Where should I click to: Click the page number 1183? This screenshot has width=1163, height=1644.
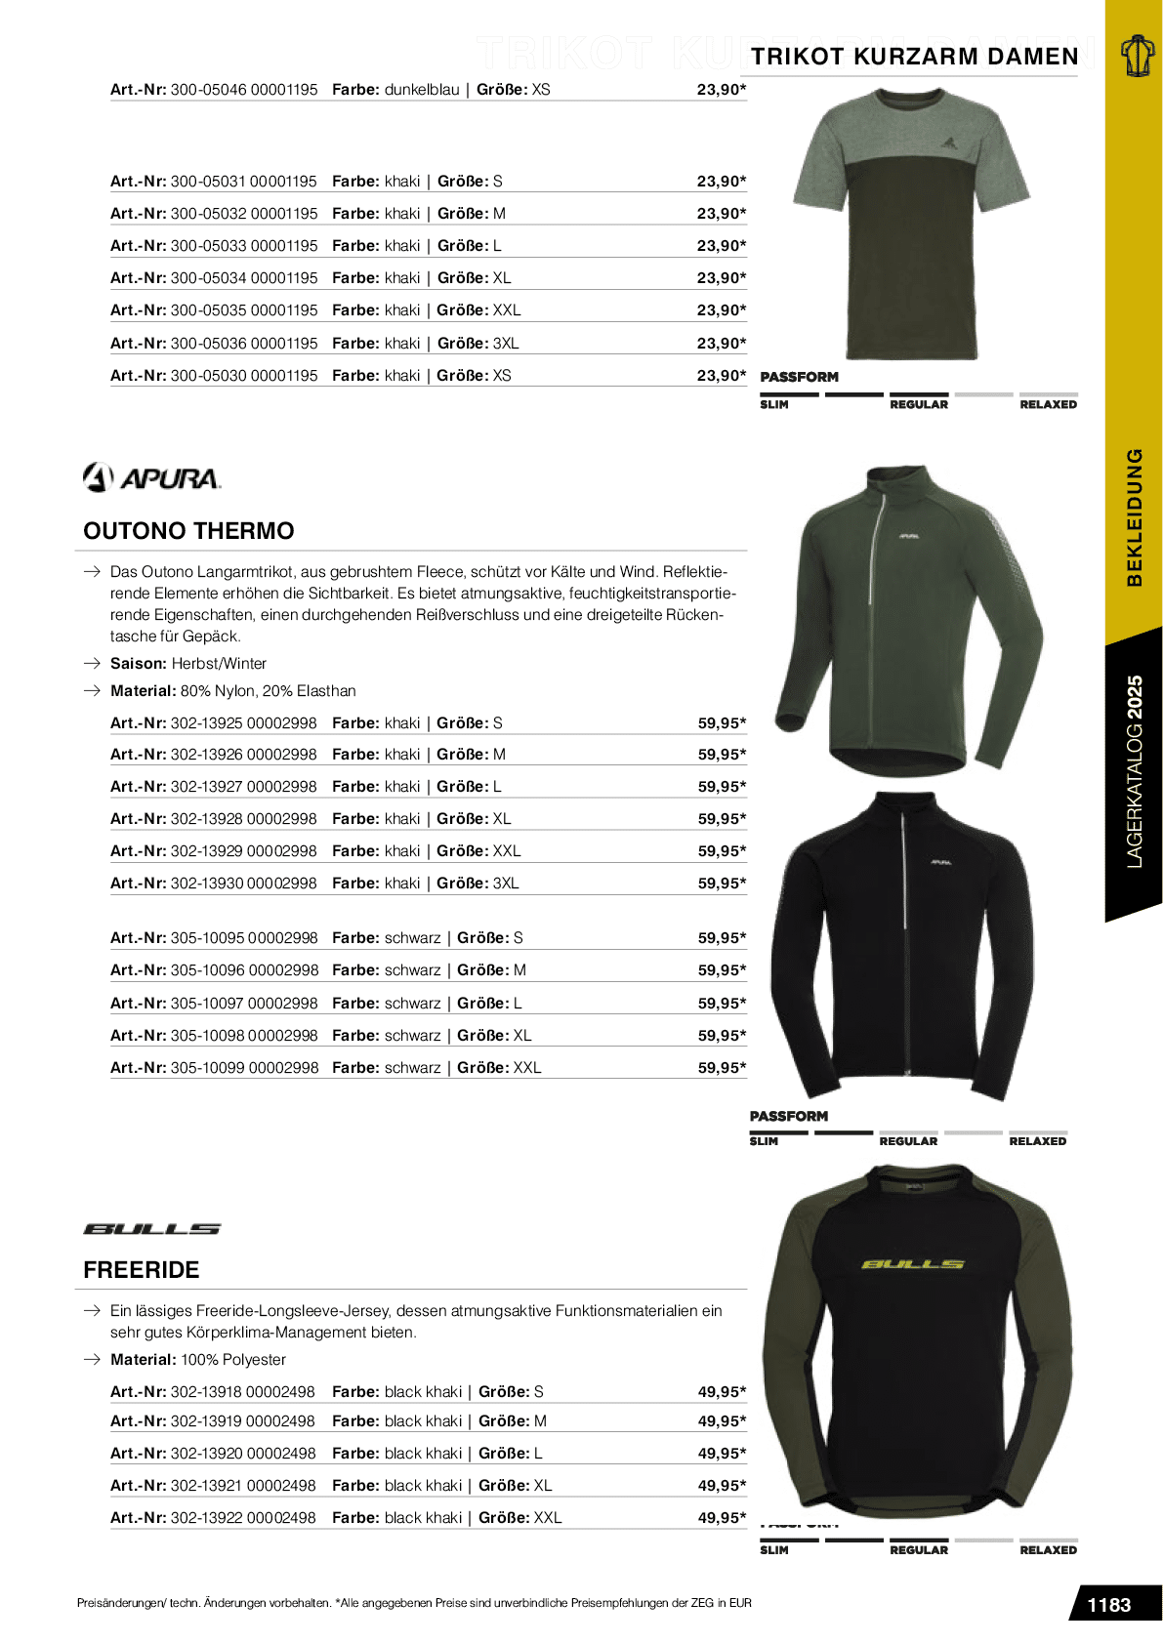click(x=1108, y=1605)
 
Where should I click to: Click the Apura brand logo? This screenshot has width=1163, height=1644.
click(x=152, y=477)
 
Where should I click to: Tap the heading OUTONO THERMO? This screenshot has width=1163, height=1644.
click(x=188, y=531)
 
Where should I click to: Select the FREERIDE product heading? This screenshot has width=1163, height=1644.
click(x=142, y=1270)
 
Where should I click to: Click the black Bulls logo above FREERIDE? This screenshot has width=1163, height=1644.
click(x=151, y=1229)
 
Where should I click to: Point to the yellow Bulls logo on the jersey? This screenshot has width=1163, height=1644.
click(x=913, y=1264)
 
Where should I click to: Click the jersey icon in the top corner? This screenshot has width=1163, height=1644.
click(x=1136, y=56)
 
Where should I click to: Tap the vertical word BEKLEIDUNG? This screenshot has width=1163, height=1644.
click(x=1135, y=517)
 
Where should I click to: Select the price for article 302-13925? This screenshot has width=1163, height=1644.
click(x=722, y=723)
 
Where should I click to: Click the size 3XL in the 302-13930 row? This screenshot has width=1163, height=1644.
click(x=506, y=884)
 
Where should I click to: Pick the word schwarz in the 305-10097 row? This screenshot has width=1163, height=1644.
click(x=413, y=1004)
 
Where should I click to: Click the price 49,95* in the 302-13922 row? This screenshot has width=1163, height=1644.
click(x=722, y=1518)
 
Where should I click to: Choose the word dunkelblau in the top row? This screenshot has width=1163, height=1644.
click(x=422, y=90)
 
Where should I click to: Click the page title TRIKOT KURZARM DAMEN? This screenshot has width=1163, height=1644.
click(x=915, y=57)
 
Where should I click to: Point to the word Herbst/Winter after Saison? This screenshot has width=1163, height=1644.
click(x=219, y=664)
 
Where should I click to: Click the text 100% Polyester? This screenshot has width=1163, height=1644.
click(x=233, y=1360)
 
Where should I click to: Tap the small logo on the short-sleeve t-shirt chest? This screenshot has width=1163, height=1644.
click(x=947, y=144)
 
